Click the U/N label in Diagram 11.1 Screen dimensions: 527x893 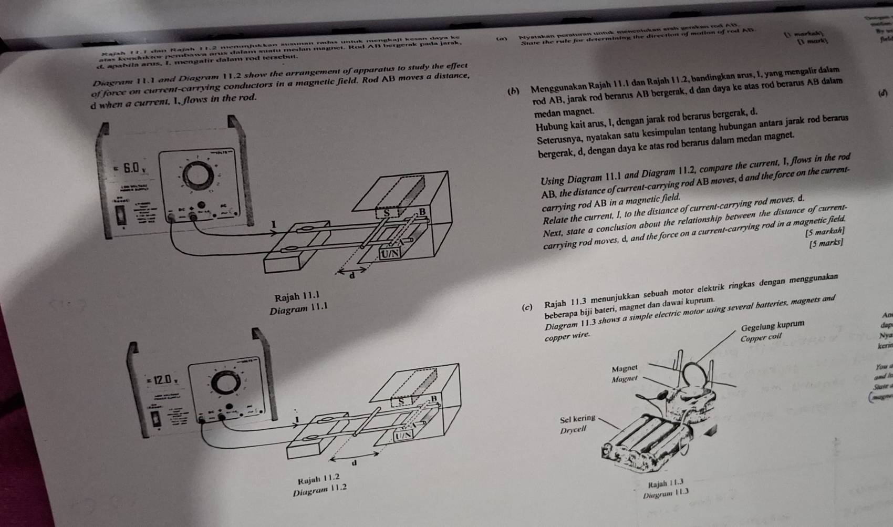pos(390,254)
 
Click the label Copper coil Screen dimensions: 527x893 pos(761,337)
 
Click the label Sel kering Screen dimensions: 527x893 pos(578,419)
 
